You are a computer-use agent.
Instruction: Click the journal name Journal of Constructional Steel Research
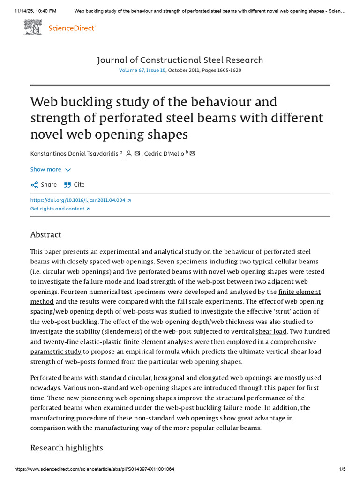click(x=180, y=60)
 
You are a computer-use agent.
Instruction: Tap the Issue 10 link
click(x=156, y=70)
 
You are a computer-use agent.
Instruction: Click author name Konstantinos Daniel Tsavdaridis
click(x=75, y=154)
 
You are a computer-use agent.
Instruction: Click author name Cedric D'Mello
click(x=164, y=154)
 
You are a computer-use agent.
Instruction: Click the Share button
click(x=44, y=185)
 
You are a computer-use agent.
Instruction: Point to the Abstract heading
click(x=45, y=234)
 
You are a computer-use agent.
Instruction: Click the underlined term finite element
click(x=300, y=292)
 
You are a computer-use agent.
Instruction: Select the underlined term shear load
click(x=271, y=331)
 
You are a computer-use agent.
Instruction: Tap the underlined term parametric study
click(x=56, y=351)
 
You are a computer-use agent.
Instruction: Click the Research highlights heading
click(x=67, y=448)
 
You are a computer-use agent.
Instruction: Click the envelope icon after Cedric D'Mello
click(x=193, y=154)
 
